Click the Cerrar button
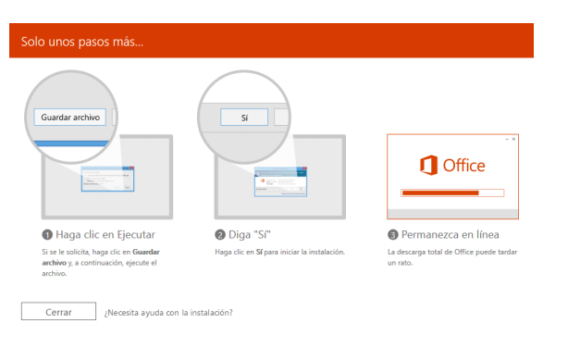tap(58, 312)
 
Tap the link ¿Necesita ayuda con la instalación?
tap(168, 313)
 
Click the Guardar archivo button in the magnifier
tap(70, 118)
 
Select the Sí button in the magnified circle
tap(244, 118)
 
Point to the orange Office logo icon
tap(428, 166)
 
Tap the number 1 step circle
tap(47, 235)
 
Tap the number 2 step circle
tap(220, 235)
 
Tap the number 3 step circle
tap(393, 235)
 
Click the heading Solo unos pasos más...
tap(82, 42)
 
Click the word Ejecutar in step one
tap(136, 235)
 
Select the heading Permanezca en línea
tap(451, 235)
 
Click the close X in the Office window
tap(513, 139)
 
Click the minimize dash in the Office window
tap(507, 139)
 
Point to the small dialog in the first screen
tap(107, 180)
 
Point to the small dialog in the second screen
tap(280, 181)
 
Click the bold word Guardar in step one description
tap(146, 252)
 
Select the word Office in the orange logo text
tap(464, 166)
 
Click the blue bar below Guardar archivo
tap(71, 143)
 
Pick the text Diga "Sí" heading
tap(250, 235)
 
